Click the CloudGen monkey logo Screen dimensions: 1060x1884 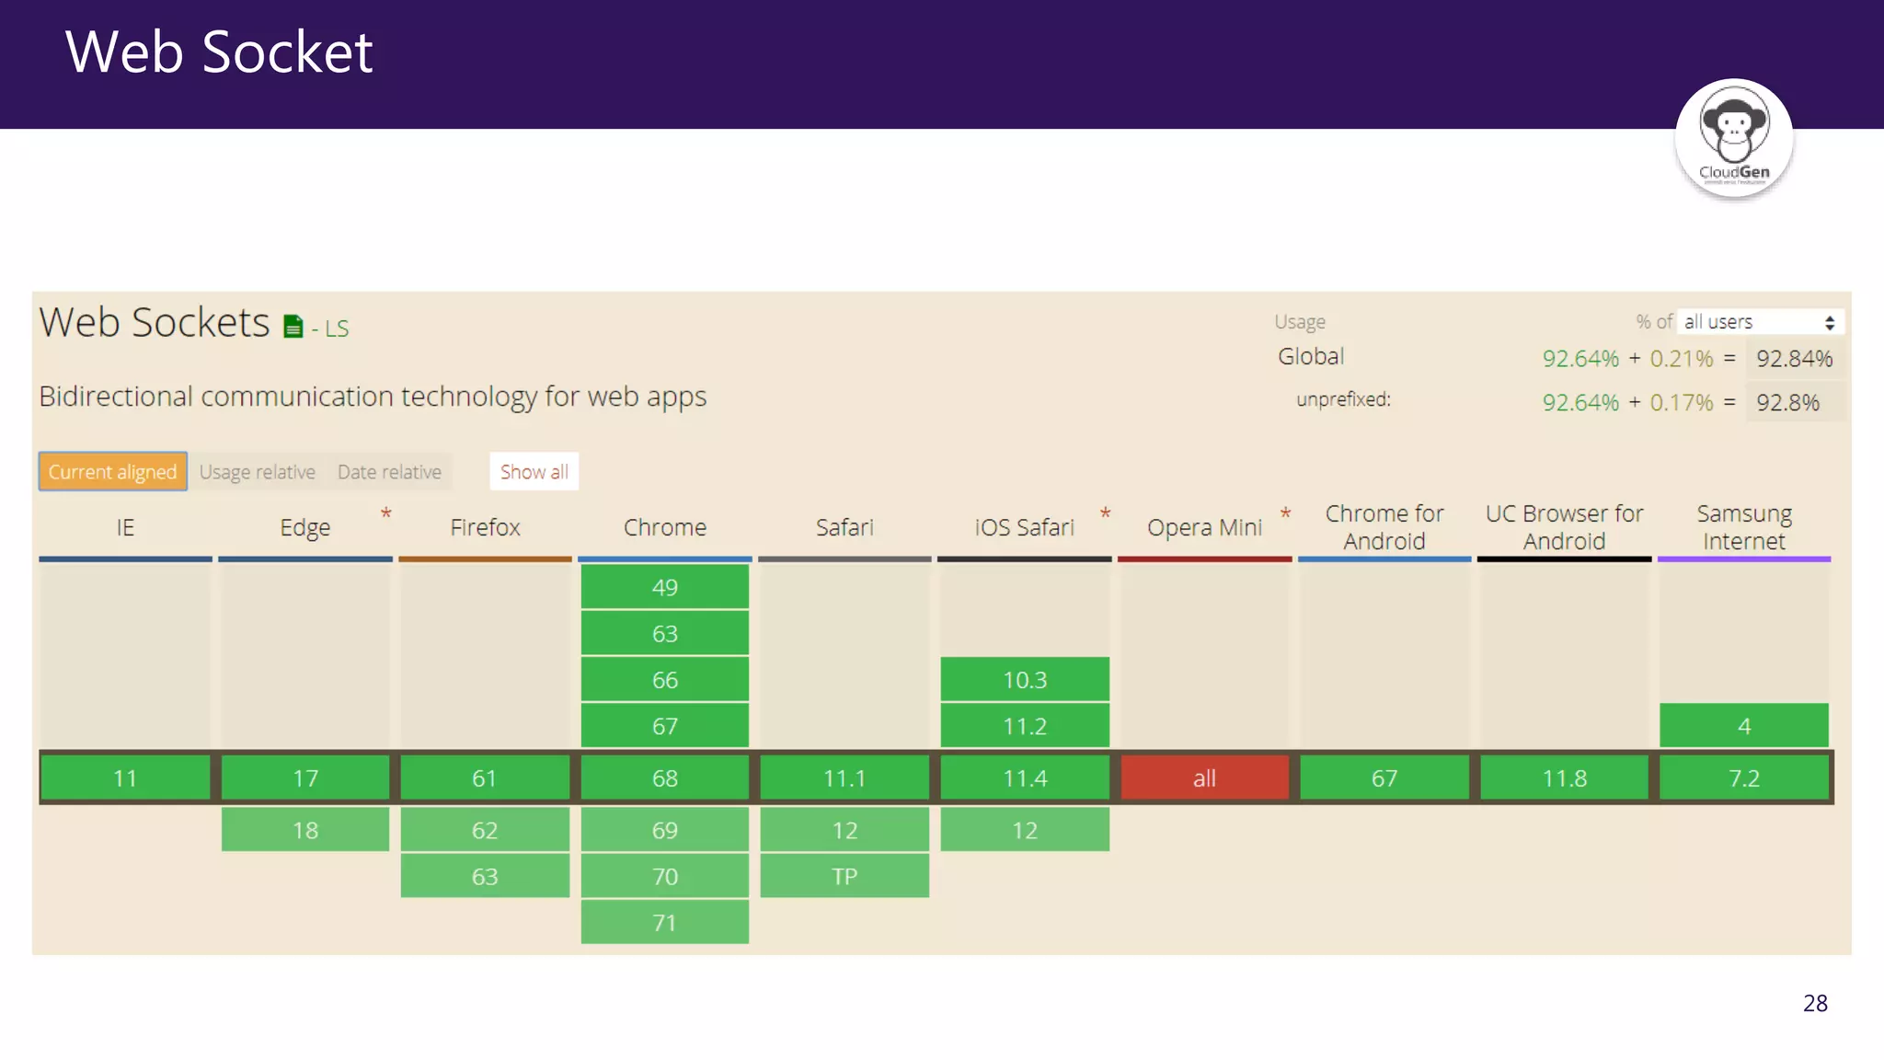tap(1733, 138)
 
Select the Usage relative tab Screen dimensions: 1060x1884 tap(258, 472)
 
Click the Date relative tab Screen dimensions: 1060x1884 tap(389, 472)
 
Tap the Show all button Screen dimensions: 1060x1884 tap(534, 472)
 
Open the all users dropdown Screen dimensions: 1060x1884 tap(1759, 322)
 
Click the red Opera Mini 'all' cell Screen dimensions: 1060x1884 tap(1204, 778)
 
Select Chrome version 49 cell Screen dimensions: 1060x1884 tap(664, 587)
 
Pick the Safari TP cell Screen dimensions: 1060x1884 tap(844, 876)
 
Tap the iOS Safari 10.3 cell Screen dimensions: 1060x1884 tap(1025, 680)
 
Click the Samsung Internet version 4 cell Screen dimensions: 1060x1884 tap(1743, 726)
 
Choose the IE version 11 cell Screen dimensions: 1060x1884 tap(125, 778)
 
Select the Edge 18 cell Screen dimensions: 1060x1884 tap(304, 830)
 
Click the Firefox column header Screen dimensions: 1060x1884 tap(485, 527)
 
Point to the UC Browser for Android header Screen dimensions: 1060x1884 tap(1564, 527)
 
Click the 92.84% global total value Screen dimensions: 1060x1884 tap(1794, 359)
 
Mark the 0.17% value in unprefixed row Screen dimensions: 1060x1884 tap(1681, 403)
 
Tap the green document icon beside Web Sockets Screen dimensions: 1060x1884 tap(293, 327)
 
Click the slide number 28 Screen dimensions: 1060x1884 tap(1815, 1003)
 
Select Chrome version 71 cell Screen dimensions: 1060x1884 tap(664, 922)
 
